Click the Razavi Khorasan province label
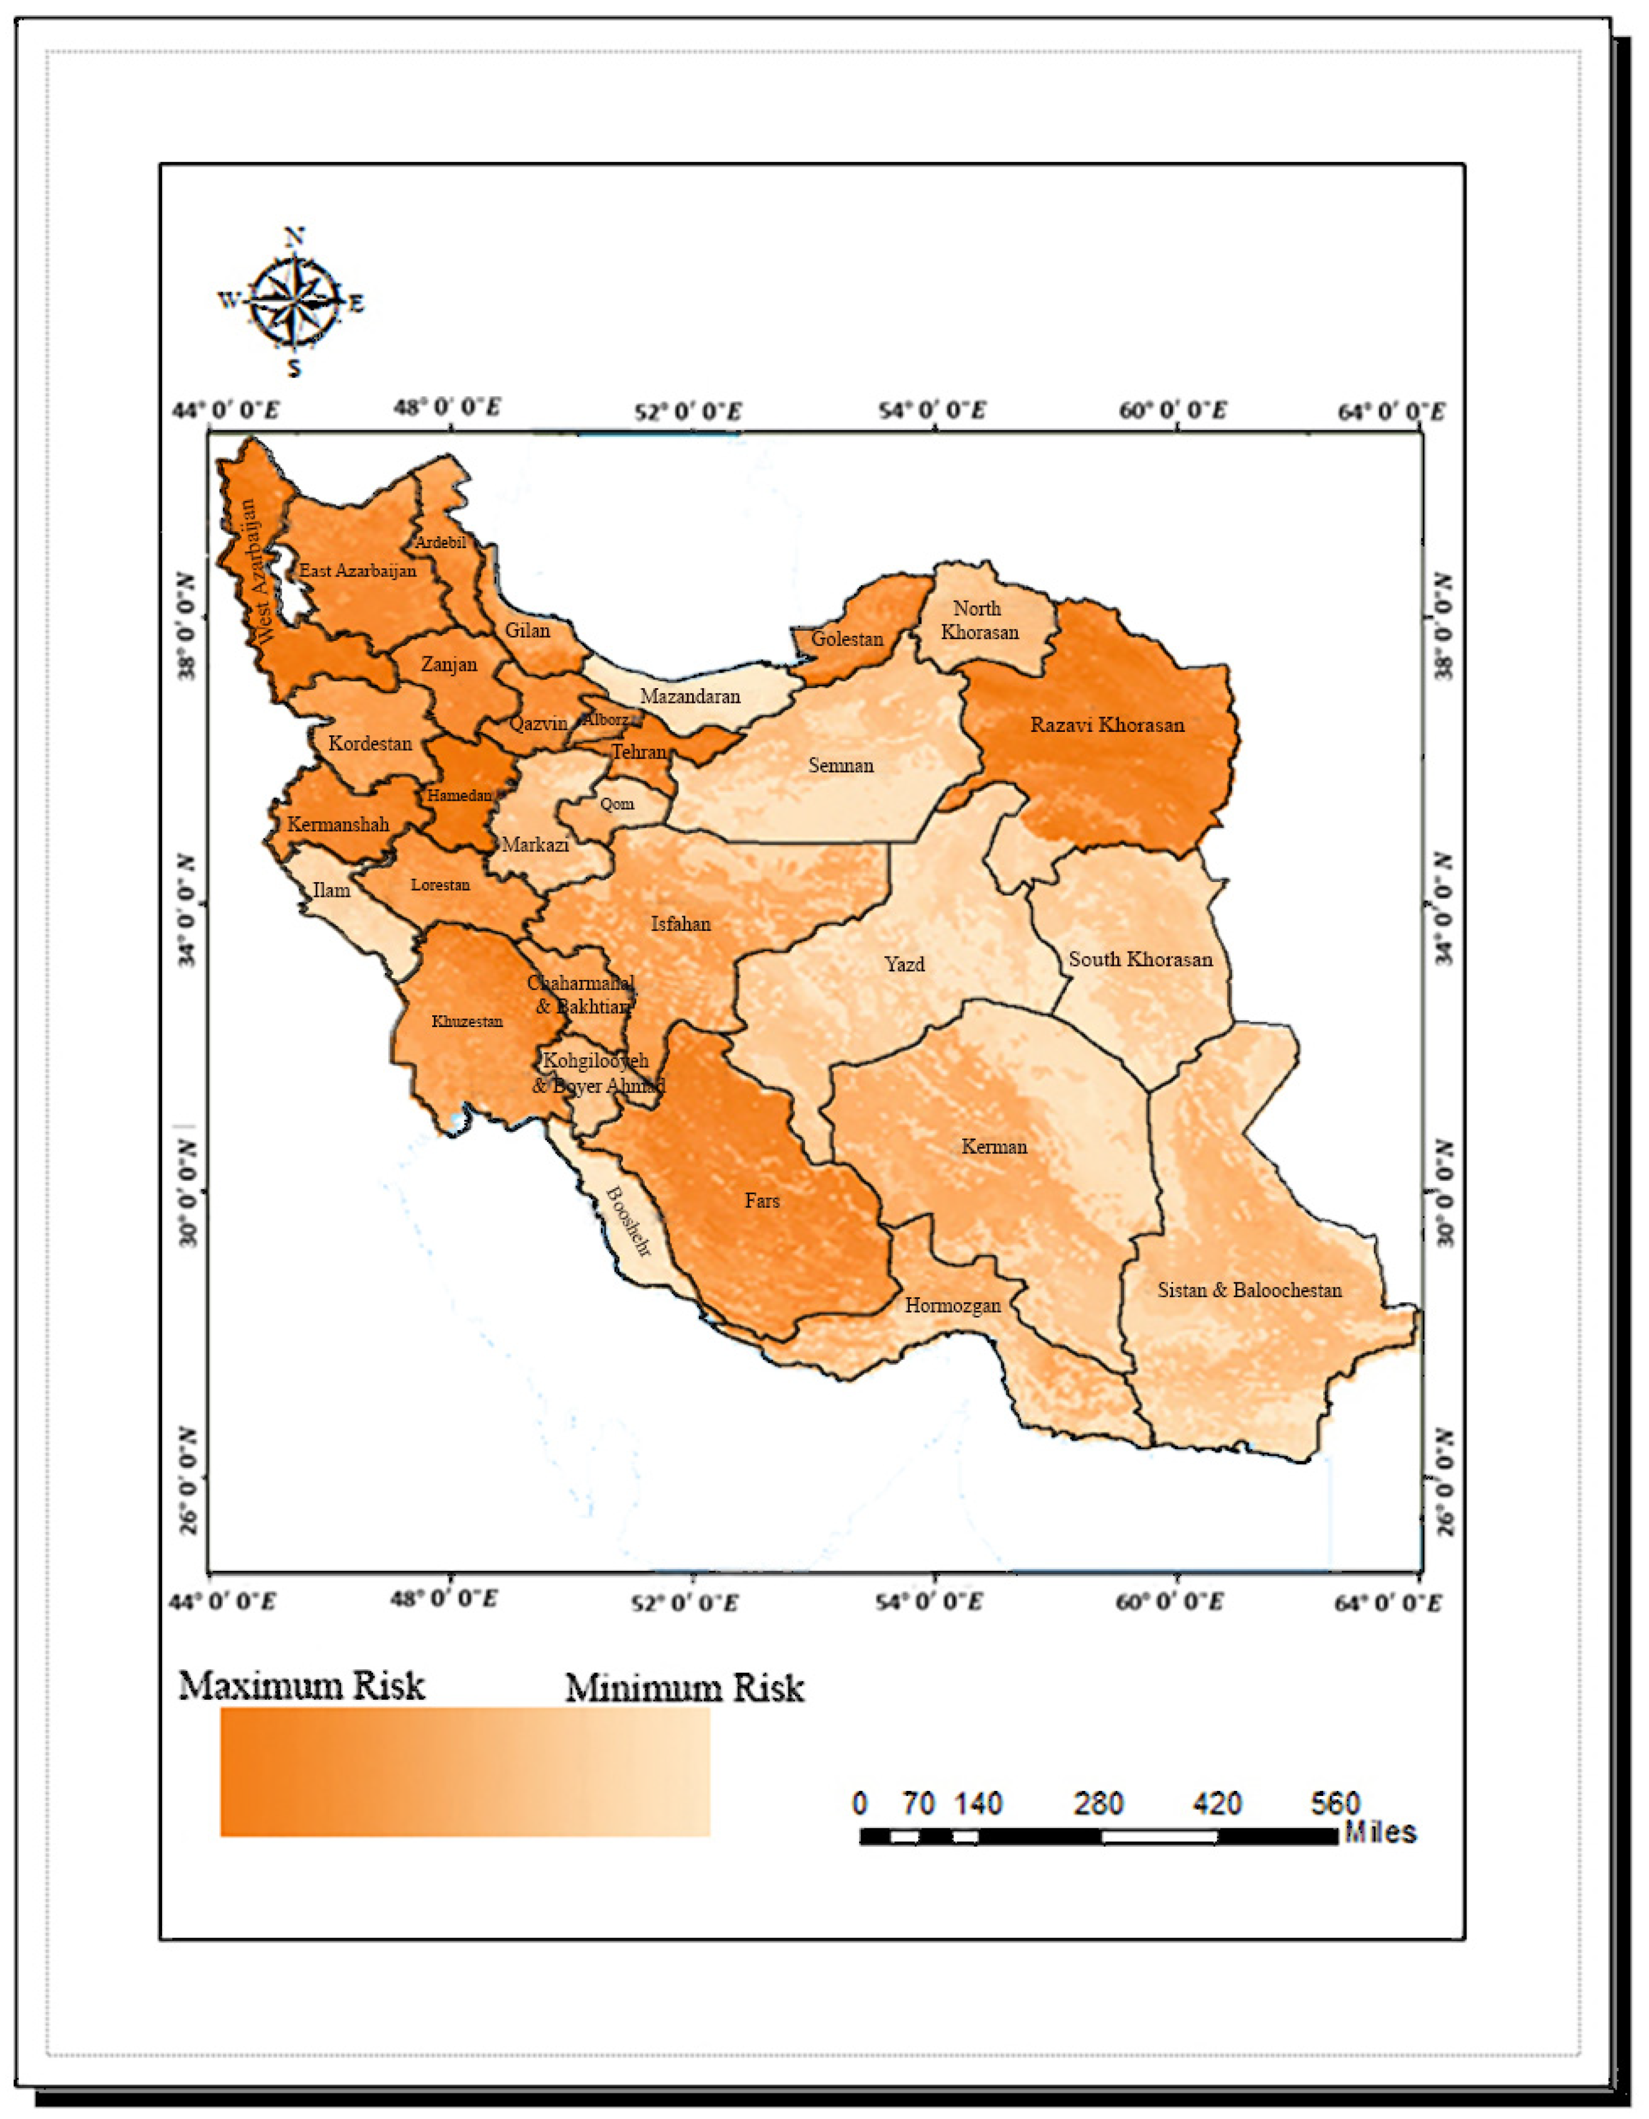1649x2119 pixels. pyautogui.click(x=1107, y=725)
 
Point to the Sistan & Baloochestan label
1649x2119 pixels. pyautogui.click(x=1249, y=1290)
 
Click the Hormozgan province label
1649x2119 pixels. pyautogui.click(x=952, y=1305)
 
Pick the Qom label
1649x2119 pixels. pyautogui.click(x=617, y=804)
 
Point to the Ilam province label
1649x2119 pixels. pyautogui.click(x=331, y=889)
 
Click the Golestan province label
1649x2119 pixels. pyautogui.click(x=848, y=639)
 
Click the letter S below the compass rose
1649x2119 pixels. pyautogui.click(x=294, y=368)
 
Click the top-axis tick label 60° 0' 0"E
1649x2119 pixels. pyautogui.click(x=1174, y=411)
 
